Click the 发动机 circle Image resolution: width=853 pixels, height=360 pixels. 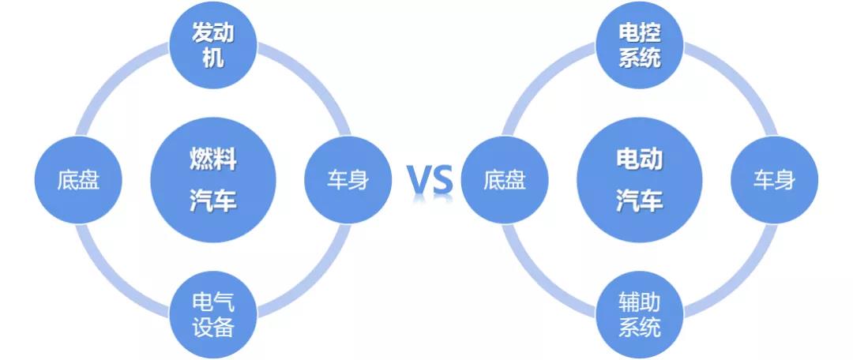pyautogui.click(x=213, y=45)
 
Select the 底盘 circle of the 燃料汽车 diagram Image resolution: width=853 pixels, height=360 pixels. pyautogui.click(x=78, y=180)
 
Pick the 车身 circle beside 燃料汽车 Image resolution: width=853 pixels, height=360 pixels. pyautogui.click(x=348, y=180)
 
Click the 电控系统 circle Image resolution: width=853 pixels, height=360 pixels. pyautogui.click(x=640, y=45)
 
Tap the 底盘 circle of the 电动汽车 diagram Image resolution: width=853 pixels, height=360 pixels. pyautogui.click(x=505, y=180)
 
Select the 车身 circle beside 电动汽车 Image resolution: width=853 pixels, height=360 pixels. pyautogui.click(x=774, y=180)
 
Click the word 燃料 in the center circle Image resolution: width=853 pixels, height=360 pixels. pyautogui.click(x=213, y=160)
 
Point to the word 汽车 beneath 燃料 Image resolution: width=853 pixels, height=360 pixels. pyautogui.click(x=213, y=201)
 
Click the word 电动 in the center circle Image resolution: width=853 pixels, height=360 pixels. pyautogui.click(x=640, y=160)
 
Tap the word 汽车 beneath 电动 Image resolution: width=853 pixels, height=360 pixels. pyautogui.click(x=640, y=201)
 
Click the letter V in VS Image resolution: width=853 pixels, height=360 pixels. pyautogui.click(x=419, y=180)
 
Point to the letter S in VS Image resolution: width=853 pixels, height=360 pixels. pyautogui.click(x=443, y=180)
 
